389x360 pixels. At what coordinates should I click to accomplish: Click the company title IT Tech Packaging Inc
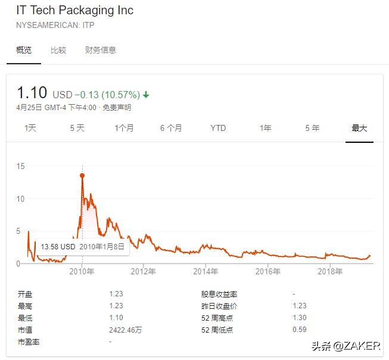74,11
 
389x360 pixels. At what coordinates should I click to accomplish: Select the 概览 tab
24,50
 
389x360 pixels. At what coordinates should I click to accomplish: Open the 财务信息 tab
100,50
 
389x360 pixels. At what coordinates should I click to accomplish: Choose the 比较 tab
58,50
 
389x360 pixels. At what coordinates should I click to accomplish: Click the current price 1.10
32,93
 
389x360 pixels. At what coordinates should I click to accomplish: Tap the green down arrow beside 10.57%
146,95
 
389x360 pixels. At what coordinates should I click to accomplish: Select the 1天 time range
30,128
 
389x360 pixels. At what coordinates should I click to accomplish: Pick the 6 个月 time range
171,128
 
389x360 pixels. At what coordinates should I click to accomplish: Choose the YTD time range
218,128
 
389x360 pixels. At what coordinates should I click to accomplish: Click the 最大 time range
359,128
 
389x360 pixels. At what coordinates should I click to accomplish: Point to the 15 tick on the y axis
21,166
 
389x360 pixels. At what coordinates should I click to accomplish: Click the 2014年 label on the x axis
206,272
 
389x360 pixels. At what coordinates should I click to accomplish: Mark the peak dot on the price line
82,176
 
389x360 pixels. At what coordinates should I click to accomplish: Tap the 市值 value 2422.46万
125,330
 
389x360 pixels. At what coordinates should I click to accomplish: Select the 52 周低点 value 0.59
300,330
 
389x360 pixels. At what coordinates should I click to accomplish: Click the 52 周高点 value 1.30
300,318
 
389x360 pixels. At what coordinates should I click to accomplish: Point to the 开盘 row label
24,294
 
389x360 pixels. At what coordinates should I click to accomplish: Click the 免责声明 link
117,108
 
